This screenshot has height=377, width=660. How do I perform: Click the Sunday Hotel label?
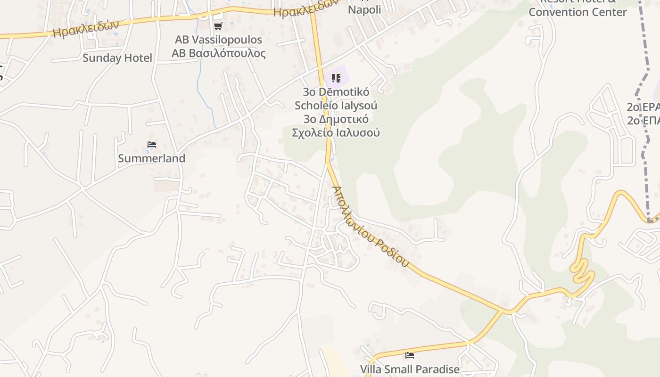click(117, 58)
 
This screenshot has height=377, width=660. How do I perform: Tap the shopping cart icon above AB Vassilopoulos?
click(218, 26)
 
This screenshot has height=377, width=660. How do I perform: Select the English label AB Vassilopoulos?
click(218, 40)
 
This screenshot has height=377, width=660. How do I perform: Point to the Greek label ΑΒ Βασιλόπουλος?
click(218, 53)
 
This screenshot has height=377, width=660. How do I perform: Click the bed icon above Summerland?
click(152, 145)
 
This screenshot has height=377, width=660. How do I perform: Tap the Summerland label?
click(152, 158)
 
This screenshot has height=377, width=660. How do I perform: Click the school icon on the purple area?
click(336, 78)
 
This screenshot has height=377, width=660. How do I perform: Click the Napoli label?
click(364, 9)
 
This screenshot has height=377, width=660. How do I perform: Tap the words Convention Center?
click(577, 12)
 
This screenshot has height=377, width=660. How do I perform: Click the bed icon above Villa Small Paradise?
click(410, 355)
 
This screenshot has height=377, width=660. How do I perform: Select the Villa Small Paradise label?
click(410, 369)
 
